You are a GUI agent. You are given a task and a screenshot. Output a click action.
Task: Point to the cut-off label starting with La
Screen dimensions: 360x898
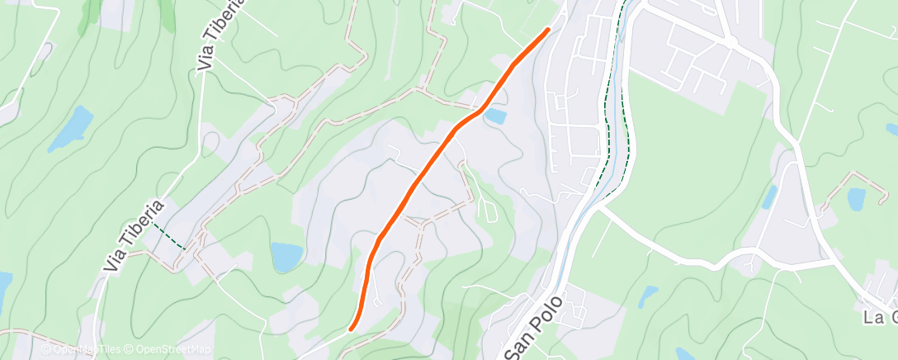[x=881, y=318]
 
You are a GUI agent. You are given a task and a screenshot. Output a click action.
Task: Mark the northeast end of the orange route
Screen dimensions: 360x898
[x=547, y=30]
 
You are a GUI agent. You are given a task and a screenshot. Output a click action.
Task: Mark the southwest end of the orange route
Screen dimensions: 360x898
[x=352, y=328]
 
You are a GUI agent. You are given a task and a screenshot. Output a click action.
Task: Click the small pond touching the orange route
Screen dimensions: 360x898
[x=495, y=117]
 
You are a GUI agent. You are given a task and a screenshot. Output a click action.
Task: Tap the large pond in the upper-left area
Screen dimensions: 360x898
[x=72, y=128]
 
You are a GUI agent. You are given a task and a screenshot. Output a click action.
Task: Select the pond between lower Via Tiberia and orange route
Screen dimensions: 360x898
[x=287, y=257]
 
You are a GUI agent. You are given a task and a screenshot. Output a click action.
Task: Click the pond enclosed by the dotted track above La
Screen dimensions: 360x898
[x=856, y=198]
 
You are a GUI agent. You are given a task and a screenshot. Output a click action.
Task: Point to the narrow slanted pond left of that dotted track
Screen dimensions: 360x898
[x=770, y=197]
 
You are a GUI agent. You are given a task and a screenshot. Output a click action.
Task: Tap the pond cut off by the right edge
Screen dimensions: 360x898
[x=892, y=129]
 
